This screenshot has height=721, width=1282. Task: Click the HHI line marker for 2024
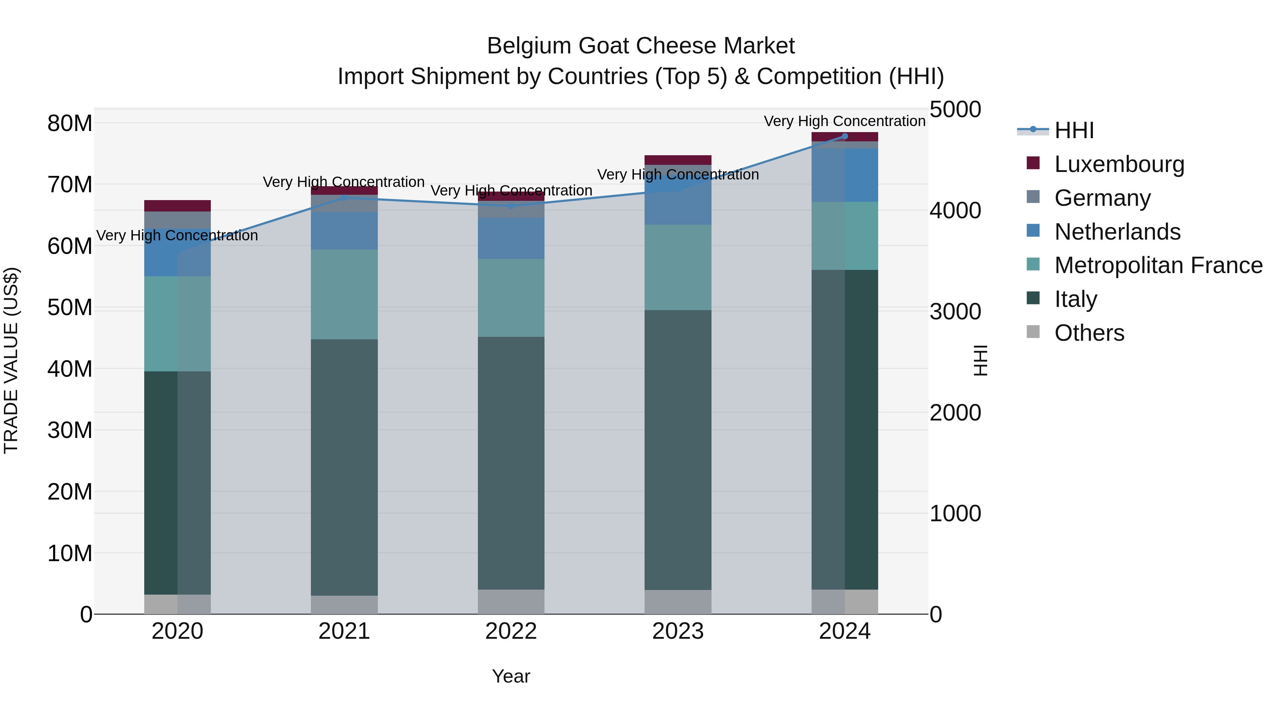click(x=845, y=136)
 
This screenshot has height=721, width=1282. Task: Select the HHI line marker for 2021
click(x=344, y=198)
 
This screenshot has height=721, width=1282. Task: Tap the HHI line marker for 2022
click(x=511, y=205)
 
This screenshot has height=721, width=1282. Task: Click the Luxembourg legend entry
click(x=1119, y=164)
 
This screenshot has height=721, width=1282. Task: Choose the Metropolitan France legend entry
click(x=1158, y=265)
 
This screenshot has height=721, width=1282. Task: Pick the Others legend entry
click(x=1089, y=333)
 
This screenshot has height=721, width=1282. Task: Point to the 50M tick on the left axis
click(x=70, y=308)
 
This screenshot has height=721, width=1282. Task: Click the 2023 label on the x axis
click(x=677, y=631)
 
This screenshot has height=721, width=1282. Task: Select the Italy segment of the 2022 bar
click(x=511, y=463)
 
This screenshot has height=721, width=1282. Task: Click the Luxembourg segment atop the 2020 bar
click(x=177, y=205)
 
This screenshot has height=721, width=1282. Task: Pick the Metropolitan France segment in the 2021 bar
click(x=344, y=294)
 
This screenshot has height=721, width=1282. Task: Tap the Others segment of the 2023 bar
click(x=677, y=602)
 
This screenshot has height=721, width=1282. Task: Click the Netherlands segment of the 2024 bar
click(x=845, y=175)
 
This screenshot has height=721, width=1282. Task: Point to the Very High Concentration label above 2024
click(x=845, y=121)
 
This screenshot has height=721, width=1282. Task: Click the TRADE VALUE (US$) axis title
click(x=11, y=360)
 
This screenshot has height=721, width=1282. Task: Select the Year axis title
click(x=511, y=676)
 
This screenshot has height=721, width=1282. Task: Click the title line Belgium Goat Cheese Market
click(x=641, y=46)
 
